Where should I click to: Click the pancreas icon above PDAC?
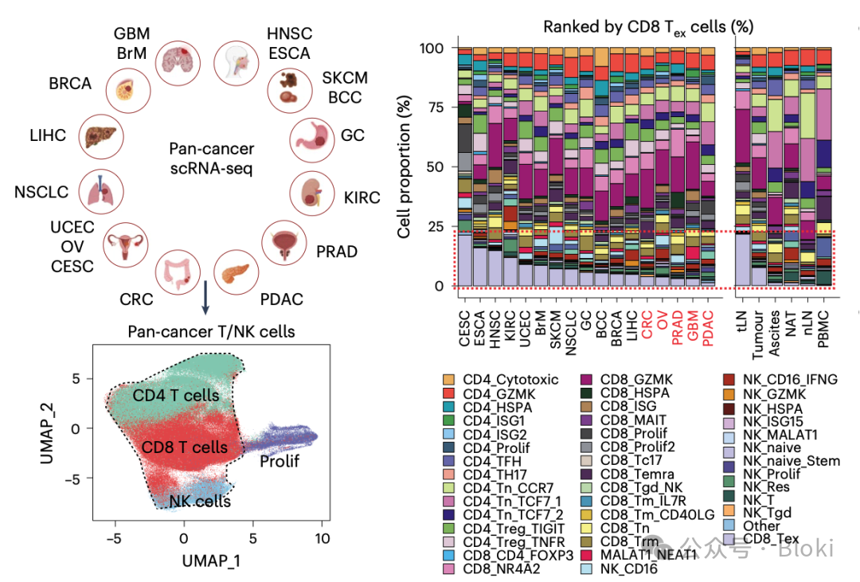pos(236,271)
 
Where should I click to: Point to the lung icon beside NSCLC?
pos(106,191)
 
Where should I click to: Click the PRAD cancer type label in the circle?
pos(337,252)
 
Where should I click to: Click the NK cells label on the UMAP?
pos(200,501)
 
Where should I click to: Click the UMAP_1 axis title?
pos(210,561)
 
